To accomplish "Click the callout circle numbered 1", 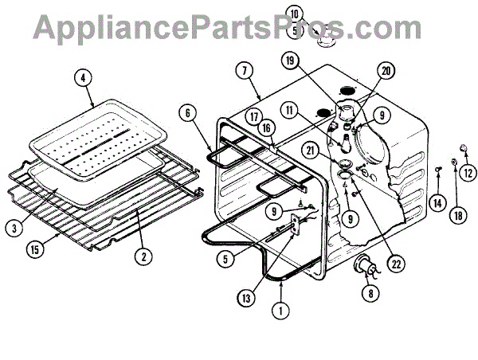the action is [x=280, y=313].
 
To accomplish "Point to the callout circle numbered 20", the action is [x=387, y=71].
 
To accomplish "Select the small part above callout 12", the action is [x=463, y=147].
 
